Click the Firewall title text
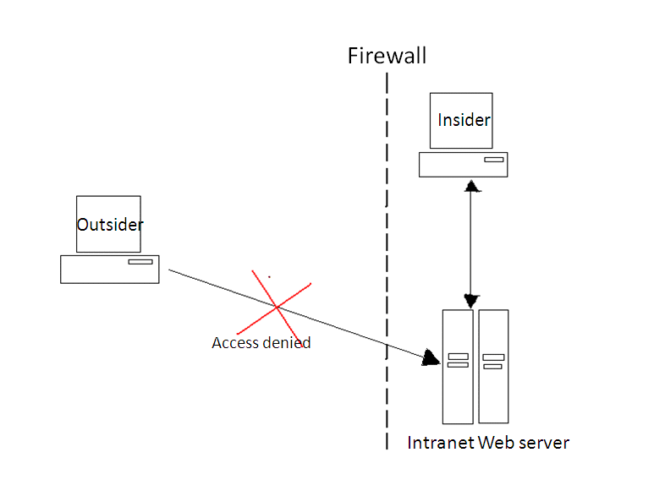(x=387, y=57)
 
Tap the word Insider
(x=464, y=120)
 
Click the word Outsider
(x=110, y=225)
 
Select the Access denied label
(x=261, y=343)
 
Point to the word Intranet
(x=441, y=443)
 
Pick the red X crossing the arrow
(x=276, y=307)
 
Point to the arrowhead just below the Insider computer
(x=470, y=184)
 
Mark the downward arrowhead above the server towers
(x=471, y=301)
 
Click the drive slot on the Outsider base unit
(x=140, y=262)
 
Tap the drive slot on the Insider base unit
(x=493, y=158)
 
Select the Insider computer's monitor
(x=461, y=121)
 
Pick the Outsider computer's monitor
(x=108, y=224)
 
